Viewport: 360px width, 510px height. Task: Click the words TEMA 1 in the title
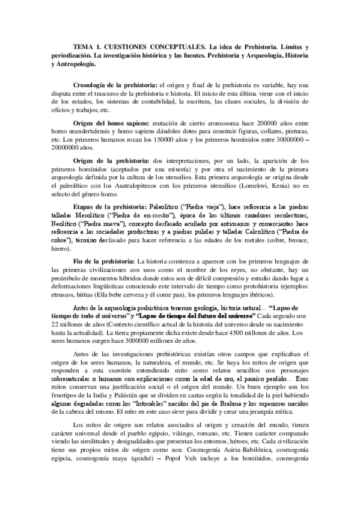point(88,46)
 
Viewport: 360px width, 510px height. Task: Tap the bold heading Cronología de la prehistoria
point(114,86)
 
